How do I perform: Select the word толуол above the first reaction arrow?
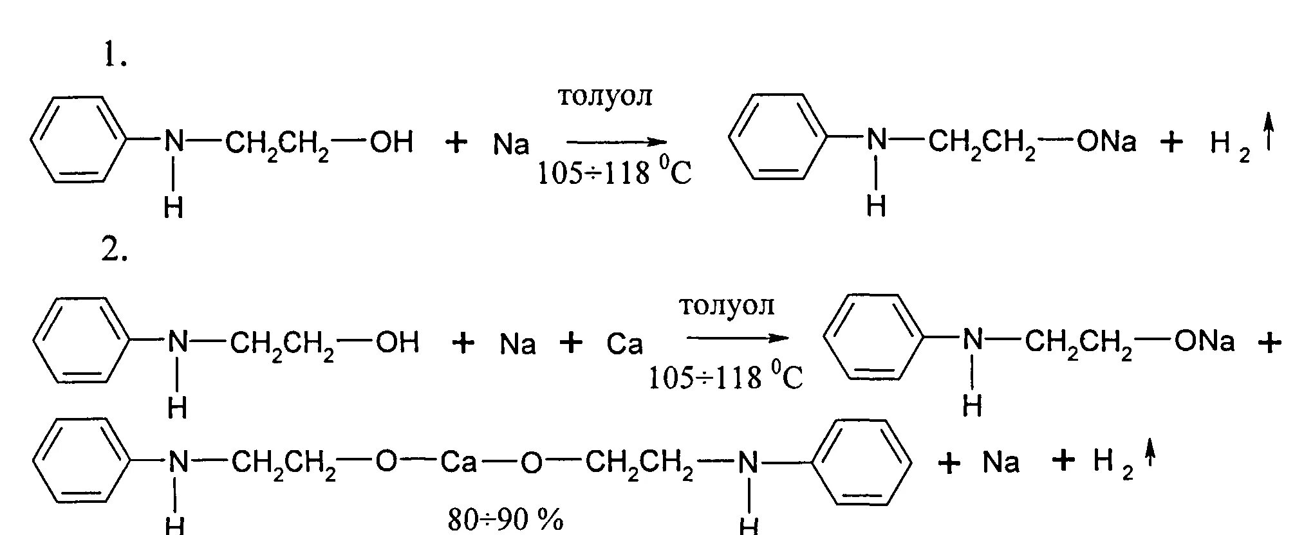[x=604, y=96]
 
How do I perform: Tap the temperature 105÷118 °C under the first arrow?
[x=615, y=174]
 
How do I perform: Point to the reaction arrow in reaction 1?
[x=616, y=142]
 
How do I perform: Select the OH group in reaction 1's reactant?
[x=391, y=142]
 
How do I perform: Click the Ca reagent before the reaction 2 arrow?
[x=624, y=345]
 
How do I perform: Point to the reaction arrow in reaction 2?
[x=737, y=338]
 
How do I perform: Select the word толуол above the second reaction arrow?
[x=727, y=305]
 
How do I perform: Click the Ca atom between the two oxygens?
[x=458, y=462]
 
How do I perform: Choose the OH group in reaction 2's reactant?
[x=396, y=342]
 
